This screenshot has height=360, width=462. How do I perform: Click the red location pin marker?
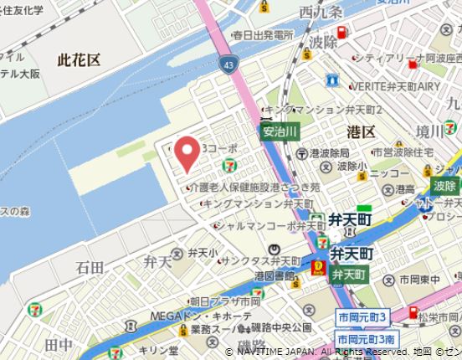(189, 151)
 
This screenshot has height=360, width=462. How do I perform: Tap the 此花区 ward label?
(79, 60)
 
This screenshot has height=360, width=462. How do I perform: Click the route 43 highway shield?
(228, 64)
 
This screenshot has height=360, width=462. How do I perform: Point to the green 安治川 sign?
(280, 131)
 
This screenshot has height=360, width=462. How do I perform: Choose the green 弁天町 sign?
(349, 275)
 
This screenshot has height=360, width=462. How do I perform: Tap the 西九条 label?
(320, 13)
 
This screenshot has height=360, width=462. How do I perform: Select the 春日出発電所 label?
(263, 35)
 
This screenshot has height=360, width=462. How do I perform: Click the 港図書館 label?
(275, 276)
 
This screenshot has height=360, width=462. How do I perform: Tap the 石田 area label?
(90, 267)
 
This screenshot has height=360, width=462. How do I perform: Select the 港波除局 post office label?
(329, 153)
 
